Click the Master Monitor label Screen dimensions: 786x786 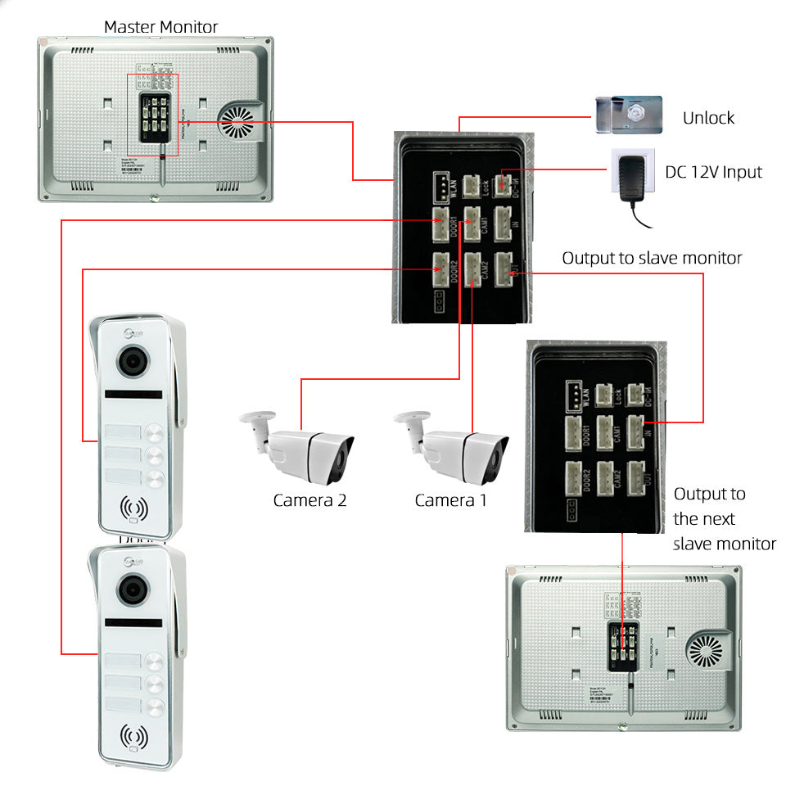(160, 27)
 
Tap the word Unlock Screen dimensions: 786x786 (708, 118)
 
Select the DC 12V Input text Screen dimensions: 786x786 (712, 172)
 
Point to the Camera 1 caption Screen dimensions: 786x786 (450, 500)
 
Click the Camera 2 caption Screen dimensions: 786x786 (309, 500)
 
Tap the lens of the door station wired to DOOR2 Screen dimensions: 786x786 (131, 361)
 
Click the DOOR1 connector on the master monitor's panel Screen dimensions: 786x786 (442, 223)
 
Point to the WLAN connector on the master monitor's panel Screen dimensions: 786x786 (442, 186)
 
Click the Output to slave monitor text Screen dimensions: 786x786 (652, 259)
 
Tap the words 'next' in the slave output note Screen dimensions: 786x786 (716, 519)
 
